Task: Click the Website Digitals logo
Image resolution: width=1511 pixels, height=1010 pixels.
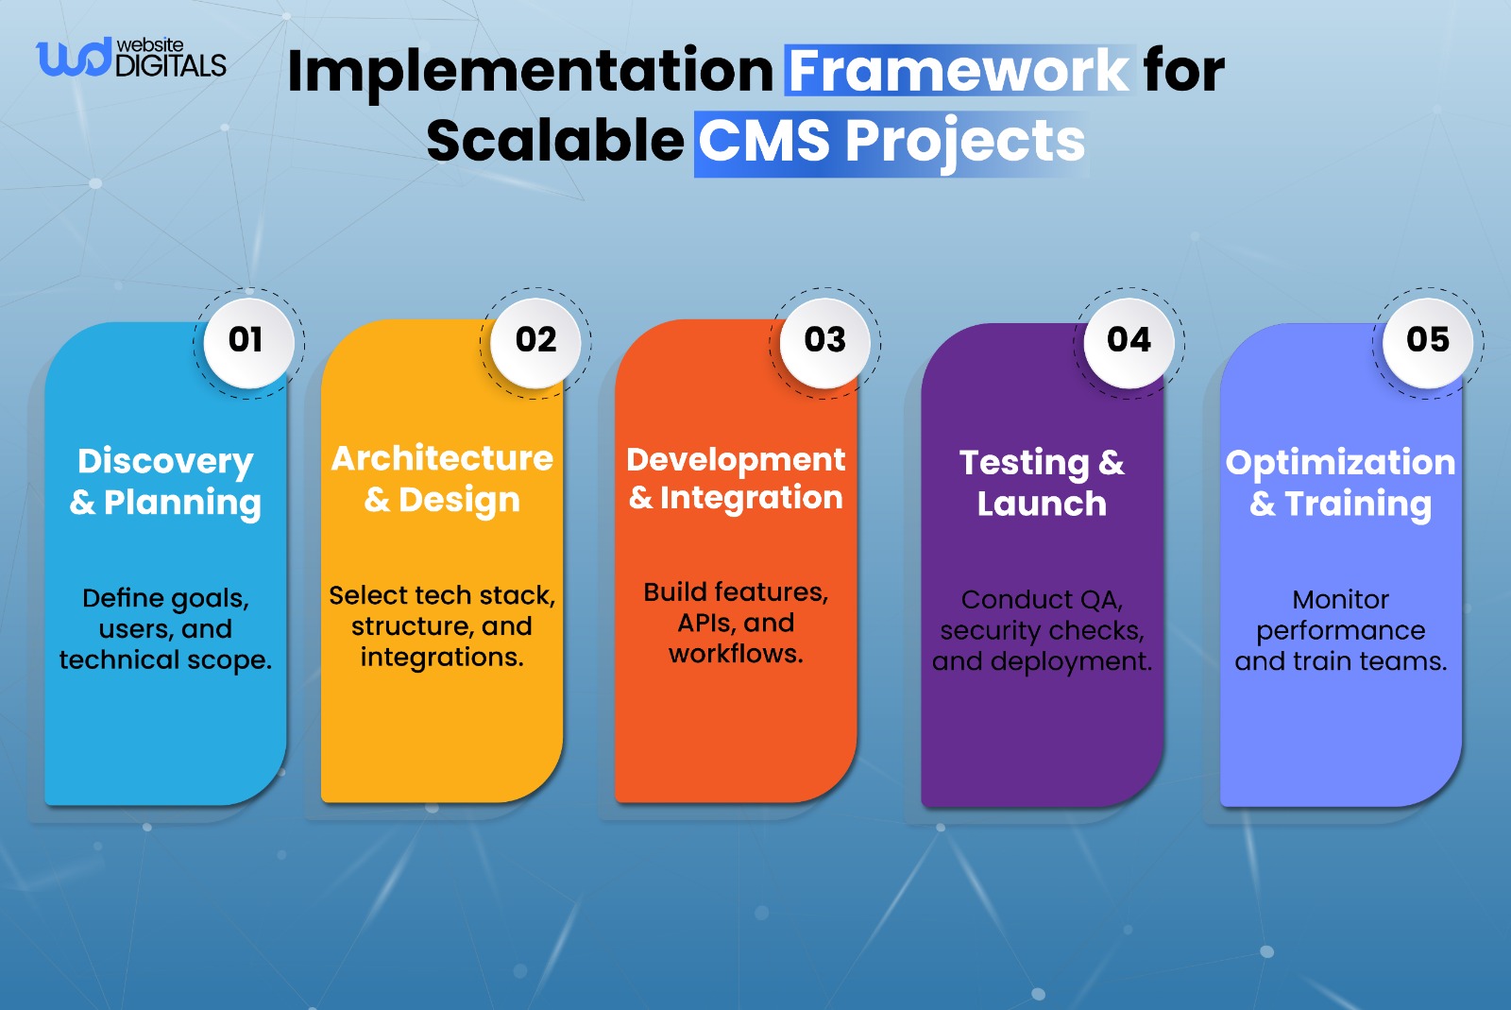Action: pos(131,59)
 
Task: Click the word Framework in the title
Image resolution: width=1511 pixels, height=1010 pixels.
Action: pos(958,71)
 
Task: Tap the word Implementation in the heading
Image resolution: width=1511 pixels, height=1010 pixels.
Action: pos(530,71)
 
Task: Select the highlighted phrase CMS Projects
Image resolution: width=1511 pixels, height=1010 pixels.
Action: pos(891,142)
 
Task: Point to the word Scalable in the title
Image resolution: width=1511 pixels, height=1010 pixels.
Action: pos(554,142)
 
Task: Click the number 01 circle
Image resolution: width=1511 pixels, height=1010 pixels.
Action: pos(246,340)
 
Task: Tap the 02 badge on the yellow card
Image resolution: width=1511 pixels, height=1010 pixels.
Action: pos(535,340)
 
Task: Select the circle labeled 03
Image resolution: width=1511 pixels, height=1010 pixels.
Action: pos(824,340)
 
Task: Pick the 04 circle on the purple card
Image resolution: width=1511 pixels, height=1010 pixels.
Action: pos(1129,340)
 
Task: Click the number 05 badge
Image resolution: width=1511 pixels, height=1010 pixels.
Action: pos(1427,340)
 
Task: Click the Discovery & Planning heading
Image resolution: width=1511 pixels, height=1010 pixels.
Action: pos(165,481)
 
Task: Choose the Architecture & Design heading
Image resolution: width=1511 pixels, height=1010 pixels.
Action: pos(442,478)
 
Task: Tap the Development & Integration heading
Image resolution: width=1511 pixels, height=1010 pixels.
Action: pos(736,478)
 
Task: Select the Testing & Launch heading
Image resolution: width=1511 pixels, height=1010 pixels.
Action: pos(1042,483)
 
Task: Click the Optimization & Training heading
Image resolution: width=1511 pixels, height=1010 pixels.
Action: pos(1340,482)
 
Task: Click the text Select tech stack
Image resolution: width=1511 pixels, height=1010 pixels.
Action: pos(441,595)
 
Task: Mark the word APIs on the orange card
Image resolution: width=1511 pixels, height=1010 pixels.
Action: pos(704,624)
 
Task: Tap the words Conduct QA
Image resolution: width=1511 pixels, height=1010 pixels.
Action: pos(1041,600)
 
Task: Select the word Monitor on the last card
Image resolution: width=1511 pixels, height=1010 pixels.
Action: pos(1340,600)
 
